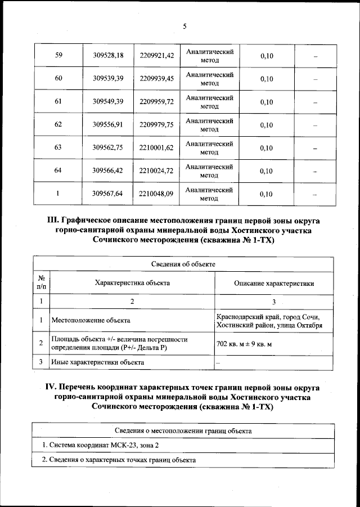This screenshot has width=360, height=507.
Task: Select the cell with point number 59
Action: pyautogui.click(x=58, y=55)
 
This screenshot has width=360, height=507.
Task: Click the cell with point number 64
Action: pyautogui.click(x=58, y=171)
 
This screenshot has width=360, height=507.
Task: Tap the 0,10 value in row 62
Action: pyautogui.click(x=266, y=125)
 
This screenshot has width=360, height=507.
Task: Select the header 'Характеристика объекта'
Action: pyautogui.click(x=132, y=283)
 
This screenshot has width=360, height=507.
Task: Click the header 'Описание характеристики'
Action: pyautogui.click(x=274, y=283)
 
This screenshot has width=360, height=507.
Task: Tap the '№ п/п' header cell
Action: pyautogui.click(x=41, y=282)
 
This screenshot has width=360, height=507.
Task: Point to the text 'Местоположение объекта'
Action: pyautogui.click(x=91, y=320)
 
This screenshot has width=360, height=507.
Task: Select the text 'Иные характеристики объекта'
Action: pyautogui.click(x=97, y=362)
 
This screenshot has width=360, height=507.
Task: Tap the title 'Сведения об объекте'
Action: pyautogui.click(x=183, y=264)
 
